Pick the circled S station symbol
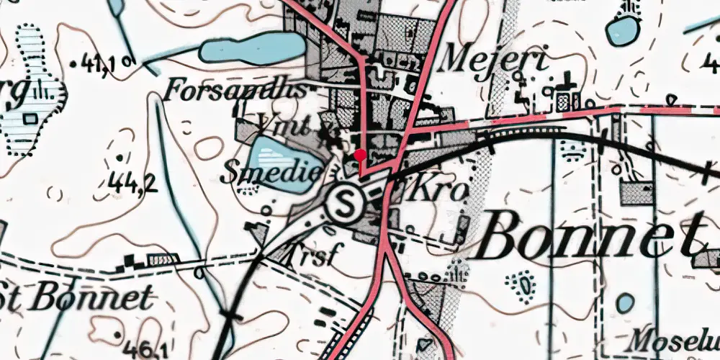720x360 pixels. coord(343,204)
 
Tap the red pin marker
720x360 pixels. coord(360,155)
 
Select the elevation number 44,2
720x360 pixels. coord(133,184)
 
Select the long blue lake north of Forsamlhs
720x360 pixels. coord(252,49)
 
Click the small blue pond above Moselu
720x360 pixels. coord(624,304)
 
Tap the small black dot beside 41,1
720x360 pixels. coord(76,65)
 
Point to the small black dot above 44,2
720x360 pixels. coord(118,157)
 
